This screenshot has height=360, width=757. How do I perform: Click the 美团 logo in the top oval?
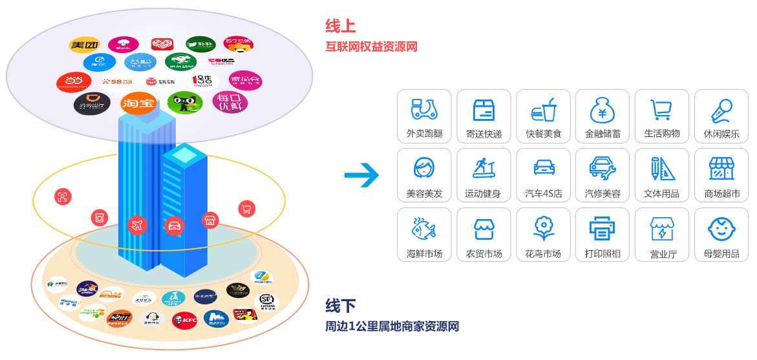[x=85, y=45]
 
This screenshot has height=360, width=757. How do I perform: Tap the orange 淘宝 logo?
[x=138, y=103]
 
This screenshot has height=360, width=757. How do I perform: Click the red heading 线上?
[x=340, y=26]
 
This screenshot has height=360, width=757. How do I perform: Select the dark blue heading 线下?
[x=340, y=305]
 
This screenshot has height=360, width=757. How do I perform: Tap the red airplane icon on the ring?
[x=136, y=225]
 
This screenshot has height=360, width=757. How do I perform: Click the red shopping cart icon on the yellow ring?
[x=246, y=208]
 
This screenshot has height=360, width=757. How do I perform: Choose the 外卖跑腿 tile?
[x=424, y=116]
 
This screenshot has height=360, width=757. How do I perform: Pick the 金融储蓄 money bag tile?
[x=602, y=116]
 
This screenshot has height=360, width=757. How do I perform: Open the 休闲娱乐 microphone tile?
[x=721, y=116]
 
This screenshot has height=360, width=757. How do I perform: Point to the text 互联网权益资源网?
[x=372, y=47]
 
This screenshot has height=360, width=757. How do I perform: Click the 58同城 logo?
[x=117, y=81]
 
